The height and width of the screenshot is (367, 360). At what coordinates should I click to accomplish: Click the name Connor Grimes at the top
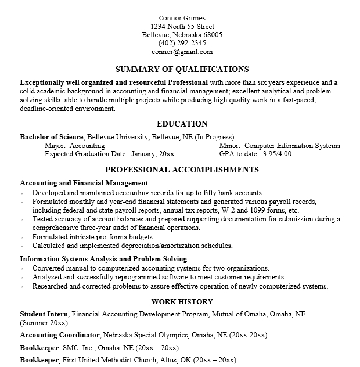182,18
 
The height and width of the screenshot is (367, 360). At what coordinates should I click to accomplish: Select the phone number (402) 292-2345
182,43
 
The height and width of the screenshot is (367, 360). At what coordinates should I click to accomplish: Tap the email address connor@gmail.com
182,51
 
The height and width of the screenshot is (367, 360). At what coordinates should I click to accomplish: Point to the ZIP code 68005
212,35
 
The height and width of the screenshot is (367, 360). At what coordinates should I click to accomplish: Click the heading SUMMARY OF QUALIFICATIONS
182,70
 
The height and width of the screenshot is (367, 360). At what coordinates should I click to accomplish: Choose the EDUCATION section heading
182,124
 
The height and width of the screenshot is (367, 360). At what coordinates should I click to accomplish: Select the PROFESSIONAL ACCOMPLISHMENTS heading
182,170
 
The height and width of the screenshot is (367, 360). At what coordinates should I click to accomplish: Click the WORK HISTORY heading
182,302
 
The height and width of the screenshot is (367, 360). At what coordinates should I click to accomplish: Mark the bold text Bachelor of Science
52,137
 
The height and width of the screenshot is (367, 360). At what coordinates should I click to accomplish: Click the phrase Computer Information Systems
293,146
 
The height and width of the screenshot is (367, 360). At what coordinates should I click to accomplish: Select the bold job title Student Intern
44,314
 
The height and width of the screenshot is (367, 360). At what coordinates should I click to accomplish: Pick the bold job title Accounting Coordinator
60,336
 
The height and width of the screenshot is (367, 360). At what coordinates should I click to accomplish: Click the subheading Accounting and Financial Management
84,183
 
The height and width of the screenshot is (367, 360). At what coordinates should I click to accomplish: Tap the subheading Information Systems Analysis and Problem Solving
103,259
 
